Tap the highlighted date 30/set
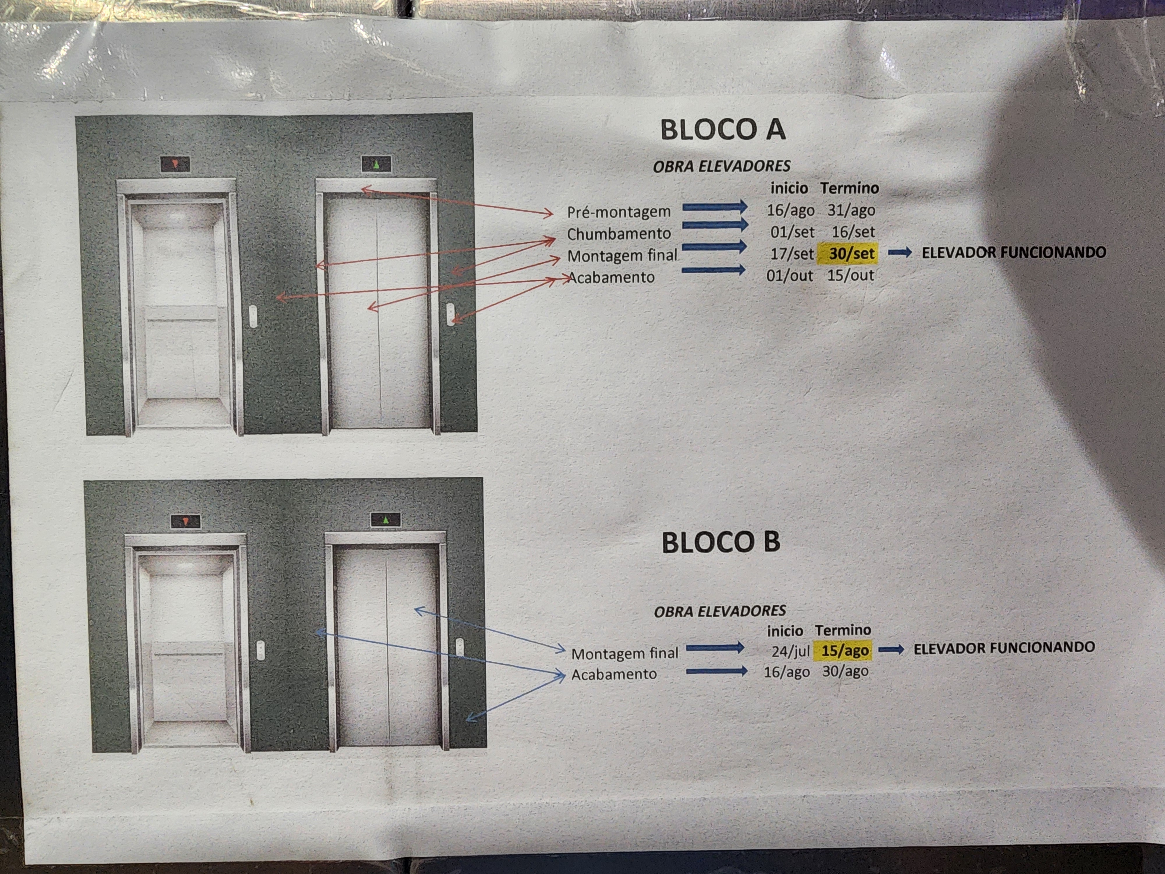click(x=851, y=253)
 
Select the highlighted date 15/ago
click(x=845, y=651)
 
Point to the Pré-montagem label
click(x=619, y=212)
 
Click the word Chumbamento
click(x=619, y=233)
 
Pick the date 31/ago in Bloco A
click(x=851, y=210)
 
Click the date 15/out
click(x=850, y=275)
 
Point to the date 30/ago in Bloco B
click(x=845, y=671)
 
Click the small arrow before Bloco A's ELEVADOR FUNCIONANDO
click(x=900, y=253)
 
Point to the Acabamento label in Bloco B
click(x=614, y=674)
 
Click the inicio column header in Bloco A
click(x=789, y=188)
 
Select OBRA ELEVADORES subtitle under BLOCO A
click(x=721, y=166)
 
